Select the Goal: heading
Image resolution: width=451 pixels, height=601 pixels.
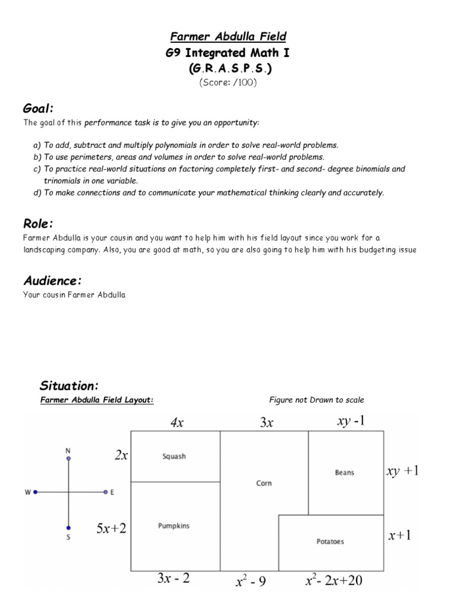[x=38, y=108]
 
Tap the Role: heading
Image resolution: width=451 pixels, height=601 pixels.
[x=38, y=224]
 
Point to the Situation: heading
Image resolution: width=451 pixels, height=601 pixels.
[x=69, y=386]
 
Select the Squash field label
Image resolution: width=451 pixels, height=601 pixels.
[x=174, y=456]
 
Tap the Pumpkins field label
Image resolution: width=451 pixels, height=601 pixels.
[x=174, y=526]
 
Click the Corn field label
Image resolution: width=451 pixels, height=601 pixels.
[x=264, y=483]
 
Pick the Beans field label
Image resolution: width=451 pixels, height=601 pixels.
[x=345, y=472]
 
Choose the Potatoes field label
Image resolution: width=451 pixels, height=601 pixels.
[x=330, y=541]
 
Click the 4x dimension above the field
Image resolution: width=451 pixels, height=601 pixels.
[x=177, y=423]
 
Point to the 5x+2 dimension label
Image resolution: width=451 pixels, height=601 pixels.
[x=112, y=528]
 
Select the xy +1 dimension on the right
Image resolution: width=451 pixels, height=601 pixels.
[x=403, y=471]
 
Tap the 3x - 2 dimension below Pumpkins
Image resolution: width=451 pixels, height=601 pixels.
[x=174, y=579]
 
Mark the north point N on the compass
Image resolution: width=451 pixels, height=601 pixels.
[x=69, y=451]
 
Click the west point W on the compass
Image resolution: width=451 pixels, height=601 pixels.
[x=28, y=492]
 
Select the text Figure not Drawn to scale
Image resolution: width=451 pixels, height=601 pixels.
[x=317, y=400]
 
